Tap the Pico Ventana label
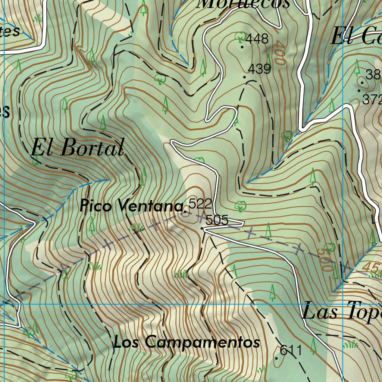tap(132, 206)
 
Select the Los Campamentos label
tap(187, 342)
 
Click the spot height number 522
tap(200, 204)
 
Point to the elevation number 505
tap(217, 220)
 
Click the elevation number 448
tap(257, 38)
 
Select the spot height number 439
tap(259, 69)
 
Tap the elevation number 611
tap(291, 350)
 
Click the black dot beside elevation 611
tap(276, 358)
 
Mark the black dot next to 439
tap(245, 77)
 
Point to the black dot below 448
tap(242, 47)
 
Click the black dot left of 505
tap(202, 228)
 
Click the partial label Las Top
tap(341, 312)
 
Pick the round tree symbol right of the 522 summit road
tap(240, 205)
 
